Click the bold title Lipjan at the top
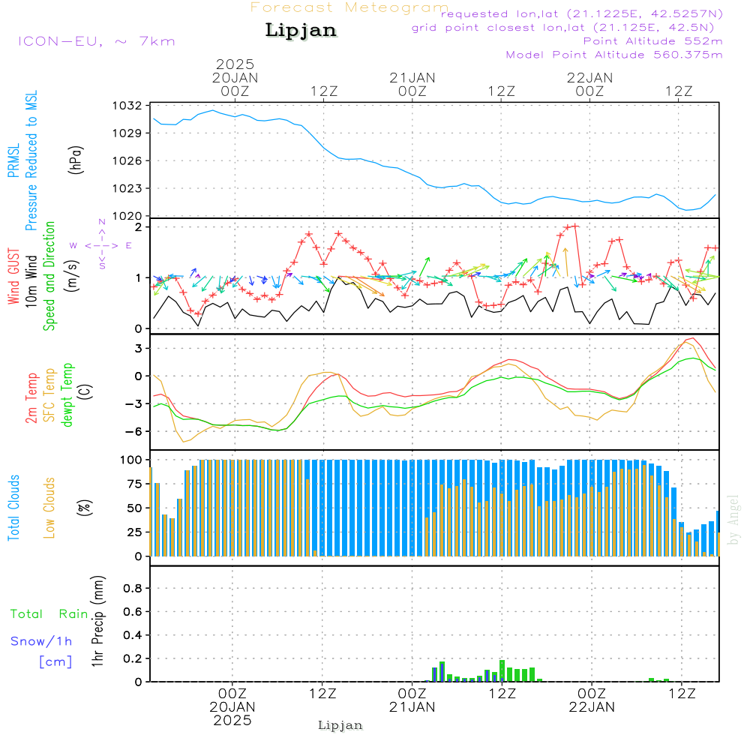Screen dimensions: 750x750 pos(301,31)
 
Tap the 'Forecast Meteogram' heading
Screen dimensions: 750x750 pos(349,7)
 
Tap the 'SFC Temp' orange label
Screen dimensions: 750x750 pos(50,395)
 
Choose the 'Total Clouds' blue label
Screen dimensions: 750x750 pos(14,508)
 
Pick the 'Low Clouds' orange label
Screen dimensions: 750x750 pos(50,508)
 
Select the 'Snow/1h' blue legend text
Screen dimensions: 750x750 pos(42,641)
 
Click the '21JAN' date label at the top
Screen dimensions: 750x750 pos(412,77)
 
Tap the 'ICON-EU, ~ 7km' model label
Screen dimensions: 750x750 pos(96,41)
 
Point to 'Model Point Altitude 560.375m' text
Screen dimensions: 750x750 pos(614,55)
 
